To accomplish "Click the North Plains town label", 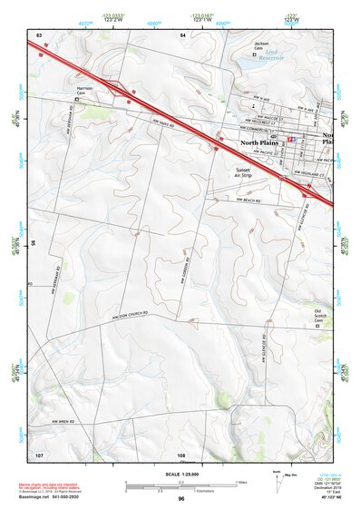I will [259, 142].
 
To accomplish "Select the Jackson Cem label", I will [262, 45].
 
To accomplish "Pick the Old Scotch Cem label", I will [318, 315].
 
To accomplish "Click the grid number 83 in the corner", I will [39, 34].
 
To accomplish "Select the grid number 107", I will [39, 454].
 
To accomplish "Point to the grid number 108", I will [181, 454].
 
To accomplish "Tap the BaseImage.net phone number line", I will [52, 498].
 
